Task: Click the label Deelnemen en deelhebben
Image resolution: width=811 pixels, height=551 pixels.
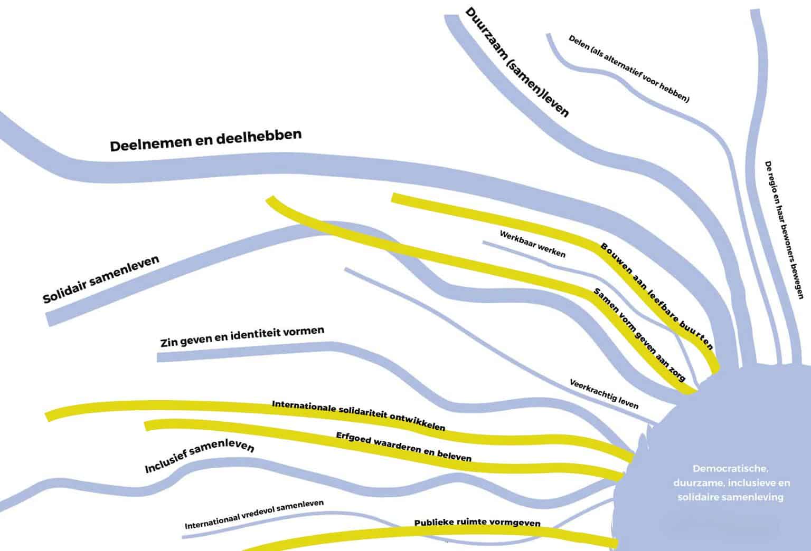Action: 205,140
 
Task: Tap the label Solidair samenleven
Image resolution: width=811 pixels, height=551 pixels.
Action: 101,280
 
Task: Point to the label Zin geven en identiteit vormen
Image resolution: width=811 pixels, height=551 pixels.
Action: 242,336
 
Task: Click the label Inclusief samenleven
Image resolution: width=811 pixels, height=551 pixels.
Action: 199,457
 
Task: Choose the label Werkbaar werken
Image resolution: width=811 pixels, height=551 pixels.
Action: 532,244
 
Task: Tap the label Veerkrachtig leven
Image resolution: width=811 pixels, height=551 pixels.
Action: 604,394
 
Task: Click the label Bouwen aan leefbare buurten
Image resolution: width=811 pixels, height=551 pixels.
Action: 657,296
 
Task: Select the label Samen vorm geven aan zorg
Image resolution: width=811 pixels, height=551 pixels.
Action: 639,335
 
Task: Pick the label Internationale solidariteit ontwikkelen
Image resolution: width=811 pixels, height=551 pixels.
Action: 359,415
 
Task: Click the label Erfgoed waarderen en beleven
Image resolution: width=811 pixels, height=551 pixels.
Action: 403,447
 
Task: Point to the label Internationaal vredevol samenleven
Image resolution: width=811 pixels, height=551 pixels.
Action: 254,515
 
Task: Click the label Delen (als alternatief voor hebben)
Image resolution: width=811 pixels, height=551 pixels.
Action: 629,69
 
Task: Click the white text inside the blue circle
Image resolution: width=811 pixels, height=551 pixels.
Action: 731,482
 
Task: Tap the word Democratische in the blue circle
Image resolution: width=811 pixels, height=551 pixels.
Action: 731,468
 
